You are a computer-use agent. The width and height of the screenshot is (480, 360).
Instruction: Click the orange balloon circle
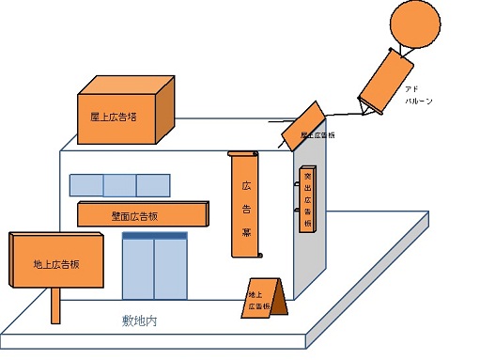click(x=413, y=24)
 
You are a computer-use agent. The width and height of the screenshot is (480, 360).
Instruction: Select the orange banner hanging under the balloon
click(x=385, y=78)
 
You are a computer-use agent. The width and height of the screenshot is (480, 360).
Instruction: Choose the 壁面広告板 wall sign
click(x=141, y=215)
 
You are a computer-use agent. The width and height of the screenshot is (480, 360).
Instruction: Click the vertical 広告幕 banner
click(x=243, y=205)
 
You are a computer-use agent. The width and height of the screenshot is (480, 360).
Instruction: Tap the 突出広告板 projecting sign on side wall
click(x=307, y=200)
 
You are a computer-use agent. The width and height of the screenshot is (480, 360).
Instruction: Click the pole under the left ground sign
click(x=55, y=305)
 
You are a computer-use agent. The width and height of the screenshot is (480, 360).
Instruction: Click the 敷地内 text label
click(x=140, y=321)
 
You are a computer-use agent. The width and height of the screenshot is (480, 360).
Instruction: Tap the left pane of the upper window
click(x=86, y=184)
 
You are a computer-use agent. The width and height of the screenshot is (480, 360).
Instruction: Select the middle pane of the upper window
click(x=119, y=184)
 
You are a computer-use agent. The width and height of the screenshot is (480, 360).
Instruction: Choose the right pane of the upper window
click(x=152, y=184)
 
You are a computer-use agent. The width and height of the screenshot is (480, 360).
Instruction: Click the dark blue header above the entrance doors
click(x=156, y=236)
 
